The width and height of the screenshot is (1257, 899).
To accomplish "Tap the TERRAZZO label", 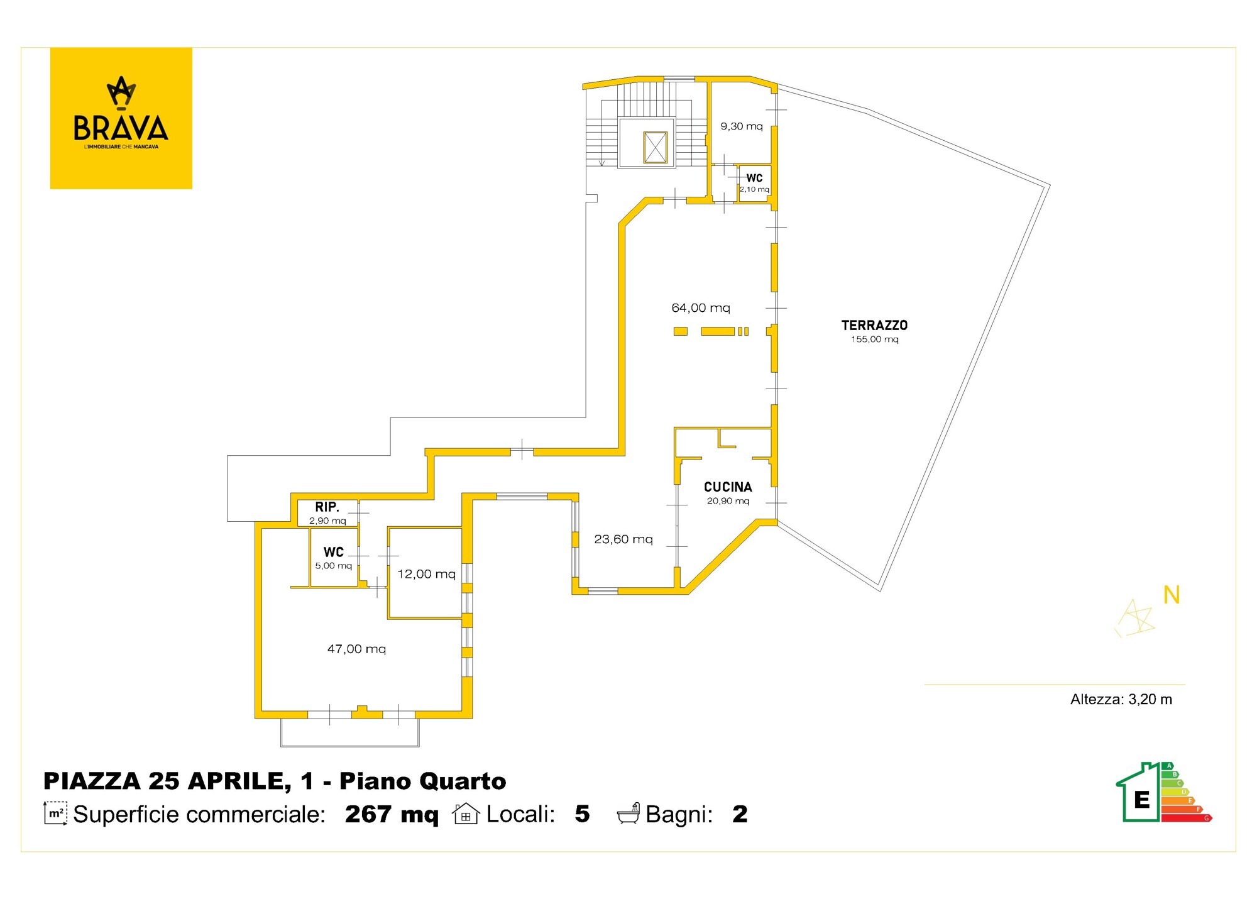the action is [x=874, y=325].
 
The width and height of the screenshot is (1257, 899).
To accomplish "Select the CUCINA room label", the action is [x=728, y=487].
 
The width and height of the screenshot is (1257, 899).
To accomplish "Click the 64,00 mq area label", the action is [x=701, y=308].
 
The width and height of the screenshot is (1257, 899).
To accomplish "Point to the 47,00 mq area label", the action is [x=356, y=649].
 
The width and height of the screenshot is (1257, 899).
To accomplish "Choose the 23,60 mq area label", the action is [x=623, y=539].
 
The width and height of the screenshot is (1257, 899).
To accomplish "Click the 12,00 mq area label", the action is [x=426, y=574].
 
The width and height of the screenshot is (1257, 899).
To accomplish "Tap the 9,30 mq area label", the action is [x=742, y=126].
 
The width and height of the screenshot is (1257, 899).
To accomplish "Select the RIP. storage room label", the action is [x=327, y=507].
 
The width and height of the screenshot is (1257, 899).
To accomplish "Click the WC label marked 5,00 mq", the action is [x=334, y=552].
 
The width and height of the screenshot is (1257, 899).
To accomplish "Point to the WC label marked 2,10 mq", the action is [x=754, y=178].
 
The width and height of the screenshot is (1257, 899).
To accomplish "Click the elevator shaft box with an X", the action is [x=655, y=148].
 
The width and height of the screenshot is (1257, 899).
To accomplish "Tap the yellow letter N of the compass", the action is [x=1172, y=595].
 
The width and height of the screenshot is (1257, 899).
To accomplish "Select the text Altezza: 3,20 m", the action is [x=1121, y=699].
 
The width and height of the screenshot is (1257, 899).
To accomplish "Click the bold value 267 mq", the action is [x=392, y=814].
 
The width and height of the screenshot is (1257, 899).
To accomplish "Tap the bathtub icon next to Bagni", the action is [x=628, y=814].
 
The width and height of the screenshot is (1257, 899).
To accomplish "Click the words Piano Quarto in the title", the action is [x=423, y=781].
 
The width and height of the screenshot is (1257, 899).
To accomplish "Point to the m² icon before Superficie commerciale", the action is [x=55, y=813].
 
